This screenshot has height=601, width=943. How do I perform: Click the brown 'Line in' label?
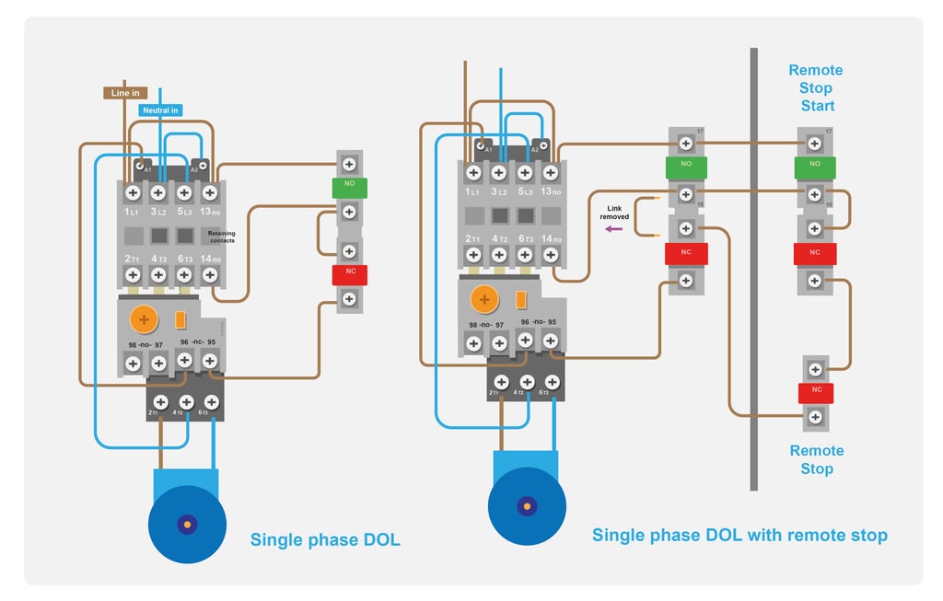coord(125,93)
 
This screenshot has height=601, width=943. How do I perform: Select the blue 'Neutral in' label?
coord(160,110)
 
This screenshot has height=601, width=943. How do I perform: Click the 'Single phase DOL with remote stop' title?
coord(739,535)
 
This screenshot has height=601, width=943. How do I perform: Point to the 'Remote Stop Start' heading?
coord(816,88)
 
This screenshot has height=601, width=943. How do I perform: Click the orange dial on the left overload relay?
coord(144,319)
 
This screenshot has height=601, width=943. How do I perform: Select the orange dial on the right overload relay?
coord(483,299)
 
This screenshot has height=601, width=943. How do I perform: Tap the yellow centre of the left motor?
coord(188,524)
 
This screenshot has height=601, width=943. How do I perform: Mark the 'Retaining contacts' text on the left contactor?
coord(221,236)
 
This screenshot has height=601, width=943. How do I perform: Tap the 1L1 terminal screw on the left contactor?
coord(133,192)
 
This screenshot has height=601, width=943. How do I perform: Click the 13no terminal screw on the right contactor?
coord(551,172)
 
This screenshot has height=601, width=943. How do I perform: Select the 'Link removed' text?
coord(615,213)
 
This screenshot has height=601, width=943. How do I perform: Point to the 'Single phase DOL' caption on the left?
coord(325,540)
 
